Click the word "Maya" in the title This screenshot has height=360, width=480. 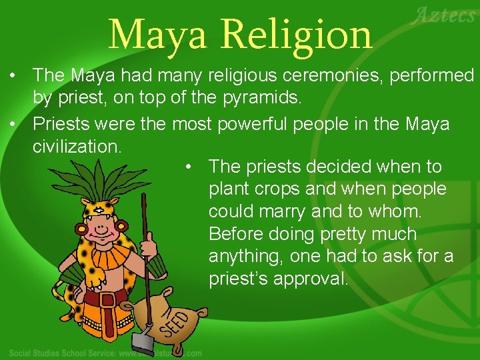158,34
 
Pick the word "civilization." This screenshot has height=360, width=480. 77,146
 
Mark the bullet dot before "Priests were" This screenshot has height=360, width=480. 13,124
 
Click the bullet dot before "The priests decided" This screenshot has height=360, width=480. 189,167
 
